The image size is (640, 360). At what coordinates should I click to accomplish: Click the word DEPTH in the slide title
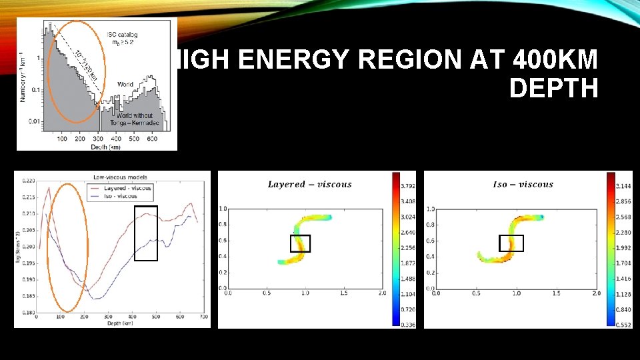pos(553,88)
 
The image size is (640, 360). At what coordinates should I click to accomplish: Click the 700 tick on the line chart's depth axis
pos(204,317)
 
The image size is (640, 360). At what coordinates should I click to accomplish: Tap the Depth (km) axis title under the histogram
pos(108,146)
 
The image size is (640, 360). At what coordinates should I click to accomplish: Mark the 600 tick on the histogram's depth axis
pos(153,139)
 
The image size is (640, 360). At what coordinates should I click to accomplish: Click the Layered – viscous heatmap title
pos(309,185)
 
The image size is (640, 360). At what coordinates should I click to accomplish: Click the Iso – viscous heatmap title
pos(523,185)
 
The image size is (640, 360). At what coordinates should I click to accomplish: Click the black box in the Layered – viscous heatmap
pos(300,243)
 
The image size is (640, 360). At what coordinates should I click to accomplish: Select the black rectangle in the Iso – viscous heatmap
pos(511,243)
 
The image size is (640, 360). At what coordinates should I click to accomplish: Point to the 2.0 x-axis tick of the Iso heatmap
pos(595,293)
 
